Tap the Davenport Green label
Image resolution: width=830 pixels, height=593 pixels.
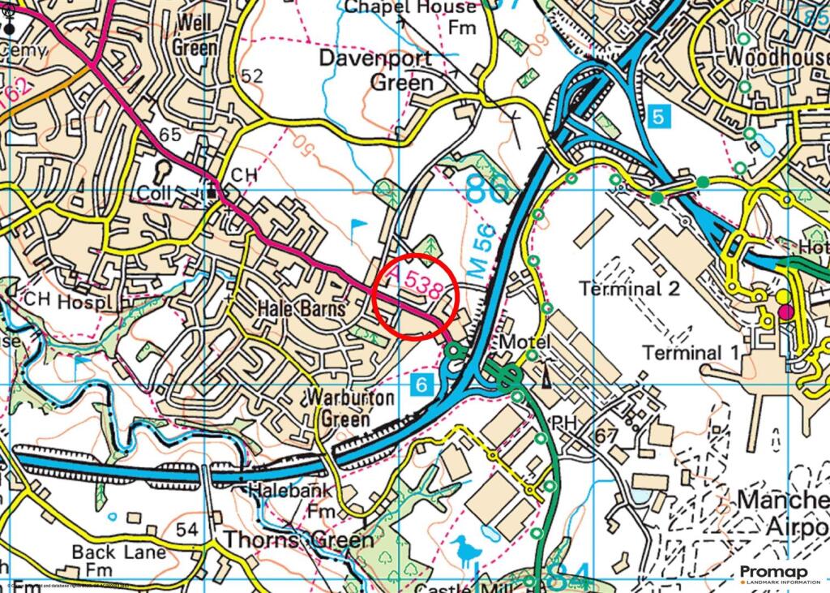pos(376,70)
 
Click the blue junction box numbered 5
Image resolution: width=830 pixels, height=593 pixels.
pos(661,116)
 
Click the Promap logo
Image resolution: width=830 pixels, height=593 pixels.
pos(773,574)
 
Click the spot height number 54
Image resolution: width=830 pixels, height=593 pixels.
pos(187,530)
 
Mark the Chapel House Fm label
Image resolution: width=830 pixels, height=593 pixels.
pos(412,17)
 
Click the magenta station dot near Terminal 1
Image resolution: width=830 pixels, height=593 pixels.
pos(785,312)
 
